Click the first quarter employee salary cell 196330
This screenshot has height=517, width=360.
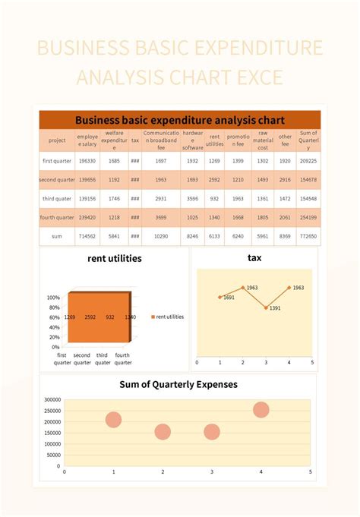(x=88, y=161)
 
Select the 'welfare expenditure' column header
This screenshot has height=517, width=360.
(x=115, y=140)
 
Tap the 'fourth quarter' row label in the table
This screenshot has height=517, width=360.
(x=57, y=217)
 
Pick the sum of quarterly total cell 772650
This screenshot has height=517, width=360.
(x=308, y=236)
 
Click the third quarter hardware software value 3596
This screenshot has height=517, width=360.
(x=192, y=198)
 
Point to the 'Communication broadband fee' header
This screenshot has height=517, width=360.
(x=161, y=140)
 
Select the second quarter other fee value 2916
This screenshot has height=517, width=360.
(x=285, y=180)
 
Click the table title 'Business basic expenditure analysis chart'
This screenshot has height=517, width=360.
(x=180, y=120)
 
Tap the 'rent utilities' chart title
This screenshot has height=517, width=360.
(x=115, y=258)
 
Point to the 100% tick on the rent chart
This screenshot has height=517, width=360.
(x=53, y=298)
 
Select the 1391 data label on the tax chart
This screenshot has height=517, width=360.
(x=274, y=308)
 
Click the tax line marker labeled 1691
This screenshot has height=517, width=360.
(x=219, y=297)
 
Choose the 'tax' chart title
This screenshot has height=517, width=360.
(x=254, y=258)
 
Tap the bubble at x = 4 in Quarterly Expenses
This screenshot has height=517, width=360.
(x=261, y=410)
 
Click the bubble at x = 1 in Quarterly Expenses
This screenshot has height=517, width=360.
(x=114, y=420)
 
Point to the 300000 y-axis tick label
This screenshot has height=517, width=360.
(x=52, y=399)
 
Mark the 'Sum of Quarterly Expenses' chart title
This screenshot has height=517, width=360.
(x=178, y=384)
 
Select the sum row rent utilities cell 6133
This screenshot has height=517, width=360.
(x=215, y=236)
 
